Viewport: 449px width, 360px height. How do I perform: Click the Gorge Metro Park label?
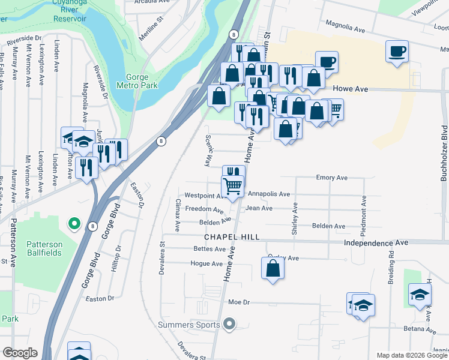click(x=141, y=81)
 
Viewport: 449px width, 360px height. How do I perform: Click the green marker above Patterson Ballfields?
click(x=74, y=224)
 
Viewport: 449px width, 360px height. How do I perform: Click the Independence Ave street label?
click(x=376, y=242)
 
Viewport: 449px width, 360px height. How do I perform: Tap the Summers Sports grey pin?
click(x=228, y=325)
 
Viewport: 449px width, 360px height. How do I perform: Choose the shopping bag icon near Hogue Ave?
click(x=273, y=268)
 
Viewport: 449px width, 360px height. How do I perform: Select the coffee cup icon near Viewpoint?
click(x=397, y=51)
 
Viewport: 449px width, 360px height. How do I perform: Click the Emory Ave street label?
click(x=332, y=178)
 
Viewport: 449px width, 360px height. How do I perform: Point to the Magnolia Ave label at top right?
click(x=345, y=28)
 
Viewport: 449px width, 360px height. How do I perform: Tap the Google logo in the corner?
click(x=20, y=353)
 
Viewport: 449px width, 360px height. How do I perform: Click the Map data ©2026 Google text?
click(x=412, y=355)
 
